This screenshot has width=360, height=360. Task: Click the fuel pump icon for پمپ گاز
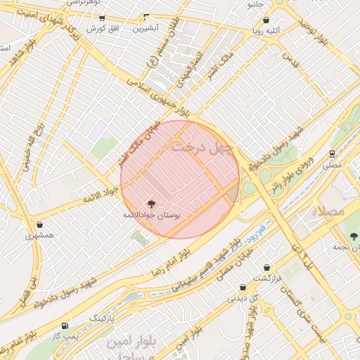pyautogui.click(x=65, y=325)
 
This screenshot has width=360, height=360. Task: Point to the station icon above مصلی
pyautogui.click(x=332, y=153)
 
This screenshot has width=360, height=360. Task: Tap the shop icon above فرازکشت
pyautogui.click(x=267, y=267)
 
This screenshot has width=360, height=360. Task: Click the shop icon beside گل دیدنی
pyautogui.click(x=243, y=287)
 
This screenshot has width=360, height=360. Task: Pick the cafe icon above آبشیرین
pyautogui.click(x=146, y=17)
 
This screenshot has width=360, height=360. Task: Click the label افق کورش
pyautogui.click(x=105, y=29)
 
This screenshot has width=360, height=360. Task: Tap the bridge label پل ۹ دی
pyautogui.click(x=300, y=257)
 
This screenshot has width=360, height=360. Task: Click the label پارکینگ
pyautogui.click(x=101, y=319)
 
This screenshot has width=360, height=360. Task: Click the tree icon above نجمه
pyautogui.click(x=353, y=237)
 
